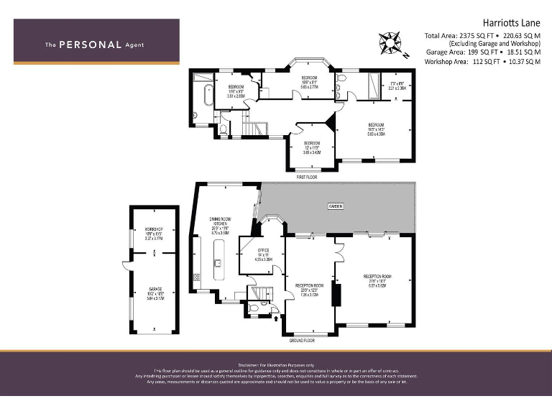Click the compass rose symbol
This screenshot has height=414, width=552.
pyautogui.click(x=391, y=44)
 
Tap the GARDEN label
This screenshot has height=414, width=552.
pyautogui.click(x=336, y=206)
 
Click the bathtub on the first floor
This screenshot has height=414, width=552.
pyautogui.click(x=207, y=96)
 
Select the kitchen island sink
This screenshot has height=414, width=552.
pyautogui.click(x=216, y=263)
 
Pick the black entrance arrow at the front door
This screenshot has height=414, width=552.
pyautogui.click(x=278, y=316)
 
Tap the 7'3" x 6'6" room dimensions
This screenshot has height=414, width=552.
pyautogui.click(x=397, y=86)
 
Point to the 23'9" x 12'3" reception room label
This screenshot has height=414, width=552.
pyautogui.click(x=310, y=289)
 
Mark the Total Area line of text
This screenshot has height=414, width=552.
pyautogui.click(x=482, y=35)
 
